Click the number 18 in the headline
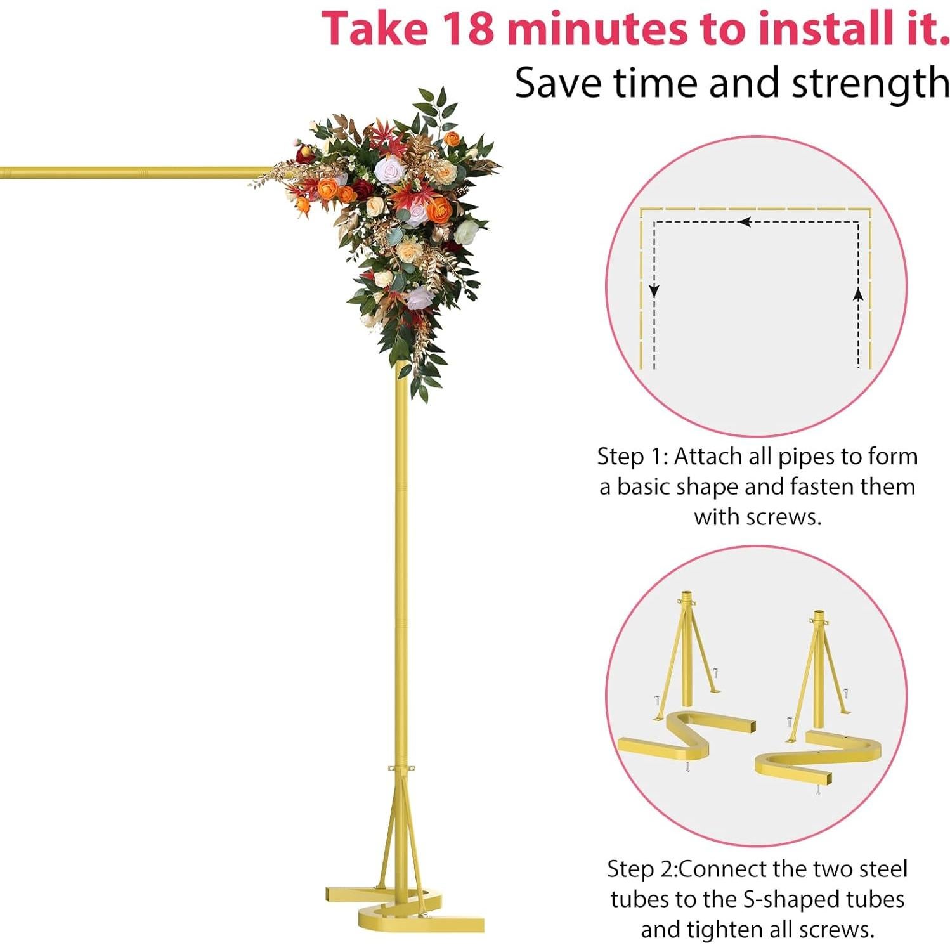(467, 29)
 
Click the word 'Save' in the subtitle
(557, 83)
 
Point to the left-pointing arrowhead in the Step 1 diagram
(745, 222)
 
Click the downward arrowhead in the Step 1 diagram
(654, 291)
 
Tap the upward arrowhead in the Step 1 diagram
(858, 294)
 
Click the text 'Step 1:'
(632, 457)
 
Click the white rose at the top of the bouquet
(387, 170)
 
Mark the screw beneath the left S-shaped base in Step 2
(687, 768)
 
